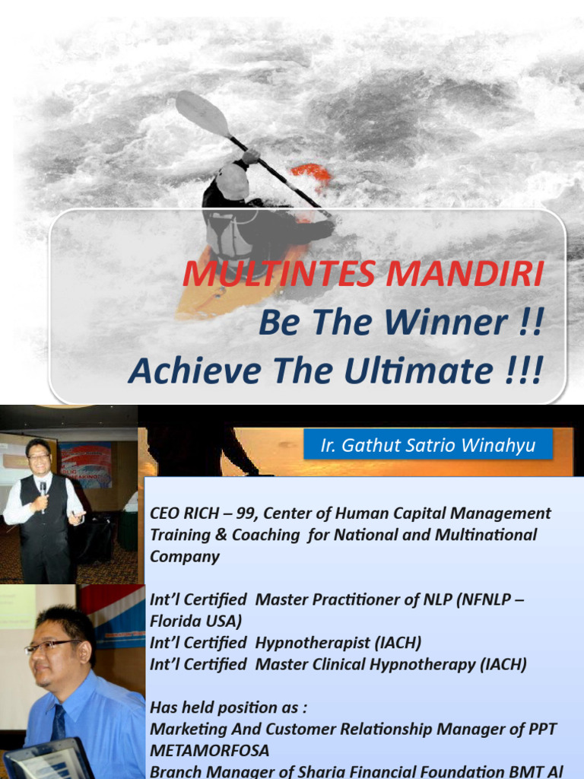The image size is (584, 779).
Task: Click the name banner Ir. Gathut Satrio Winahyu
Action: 428,445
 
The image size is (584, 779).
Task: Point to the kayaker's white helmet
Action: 232,181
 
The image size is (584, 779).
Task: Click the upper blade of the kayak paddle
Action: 201,113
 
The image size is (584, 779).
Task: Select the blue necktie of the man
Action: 59,722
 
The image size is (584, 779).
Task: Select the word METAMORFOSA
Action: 209,751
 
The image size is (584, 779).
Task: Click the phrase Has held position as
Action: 228,707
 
